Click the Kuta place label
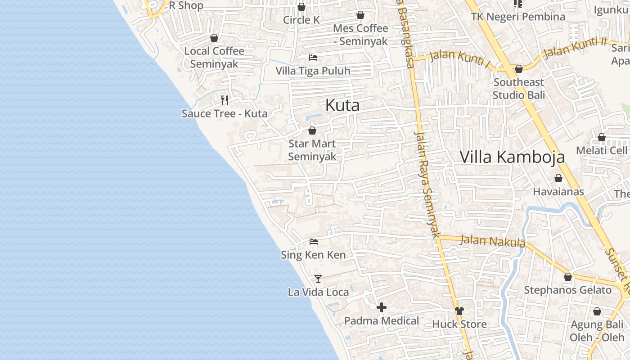tap(342, 106)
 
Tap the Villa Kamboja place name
tap(512, 157)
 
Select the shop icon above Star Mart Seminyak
tap(312, 130)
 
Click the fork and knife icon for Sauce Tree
tap(225, 100)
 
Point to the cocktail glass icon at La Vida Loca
tap(318, 279)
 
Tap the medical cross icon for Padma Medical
tap(382, 307)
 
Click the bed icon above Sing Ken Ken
tap(314, 242)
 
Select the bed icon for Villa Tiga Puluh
tap(313, 57)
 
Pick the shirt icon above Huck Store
tap(459, 310)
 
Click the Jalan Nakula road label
tap(493, 241)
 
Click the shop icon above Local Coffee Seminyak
tap(214, 38)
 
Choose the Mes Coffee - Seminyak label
tap(360, 35)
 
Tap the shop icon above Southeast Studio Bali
tap(518, 69)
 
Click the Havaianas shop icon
tap(558, 178)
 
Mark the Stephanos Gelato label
tap(567, 290)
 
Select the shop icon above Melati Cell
tap(602, 137)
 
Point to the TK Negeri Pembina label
tap(518, 17)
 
